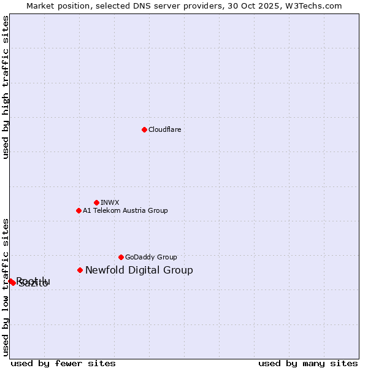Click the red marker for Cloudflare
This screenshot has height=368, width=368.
click(x=144, y=129)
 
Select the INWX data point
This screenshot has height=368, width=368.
click(x=96, y=202)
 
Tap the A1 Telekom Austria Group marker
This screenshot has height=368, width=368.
click(x=79, y=210)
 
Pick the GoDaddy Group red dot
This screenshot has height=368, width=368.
click(x=121, y=257)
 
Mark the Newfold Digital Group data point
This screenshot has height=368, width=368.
click(x=80, y=270)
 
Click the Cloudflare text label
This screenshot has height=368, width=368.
click(x=164, y=129)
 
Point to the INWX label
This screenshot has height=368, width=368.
click(x=110, y=202)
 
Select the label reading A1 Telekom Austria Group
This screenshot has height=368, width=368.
click(x=125, y=210)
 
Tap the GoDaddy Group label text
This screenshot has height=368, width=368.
click(x=151, y=257)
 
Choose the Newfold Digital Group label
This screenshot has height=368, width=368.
click(x=139, y=270)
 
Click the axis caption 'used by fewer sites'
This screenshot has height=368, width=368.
click(x=63, y=363)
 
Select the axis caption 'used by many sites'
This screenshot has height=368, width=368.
click(x=308, y=363)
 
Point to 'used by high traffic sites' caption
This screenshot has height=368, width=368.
click(x=6, y=87)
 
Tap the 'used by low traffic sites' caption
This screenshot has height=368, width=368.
click(x=6, y=287)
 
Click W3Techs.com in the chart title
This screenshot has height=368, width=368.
click(x=312, y=6)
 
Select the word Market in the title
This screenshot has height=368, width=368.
click(x=40, y=6)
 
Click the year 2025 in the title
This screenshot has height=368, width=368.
click(x=263, y=6)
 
